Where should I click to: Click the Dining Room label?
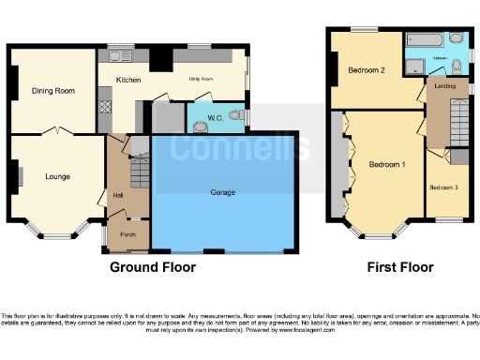click(x=53, y=91)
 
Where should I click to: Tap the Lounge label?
click(x=58, y=175)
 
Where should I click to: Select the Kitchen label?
click(x=128, y=81)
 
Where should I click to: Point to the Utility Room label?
click(x=201, y=81)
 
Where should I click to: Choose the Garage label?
click(x=223, y=192)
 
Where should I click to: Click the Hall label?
click(x=118, y=195)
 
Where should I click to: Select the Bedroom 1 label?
click(x=386, y=165)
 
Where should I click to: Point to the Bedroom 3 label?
click(x=444, y=187)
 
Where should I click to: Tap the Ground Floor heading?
click(x=153, y=267)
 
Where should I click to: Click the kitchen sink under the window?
click(x=120, y=55)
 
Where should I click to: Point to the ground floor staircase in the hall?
click(x=139, y=173)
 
